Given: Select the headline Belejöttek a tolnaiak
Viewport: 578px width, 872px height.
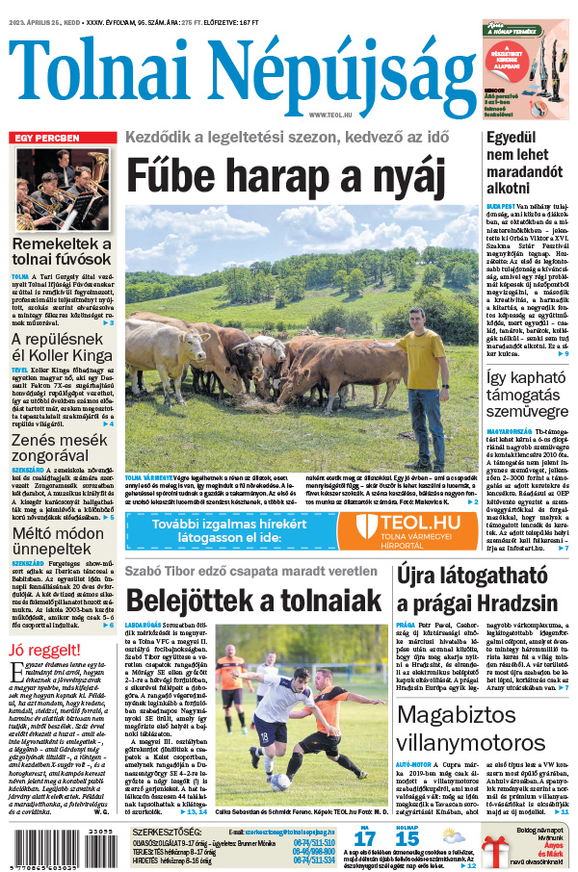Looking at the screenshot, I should click(x=254, y=601).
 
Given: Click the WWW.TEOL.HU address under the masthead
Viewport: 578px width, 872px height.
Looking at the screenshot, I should click(x=329, y=115).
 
